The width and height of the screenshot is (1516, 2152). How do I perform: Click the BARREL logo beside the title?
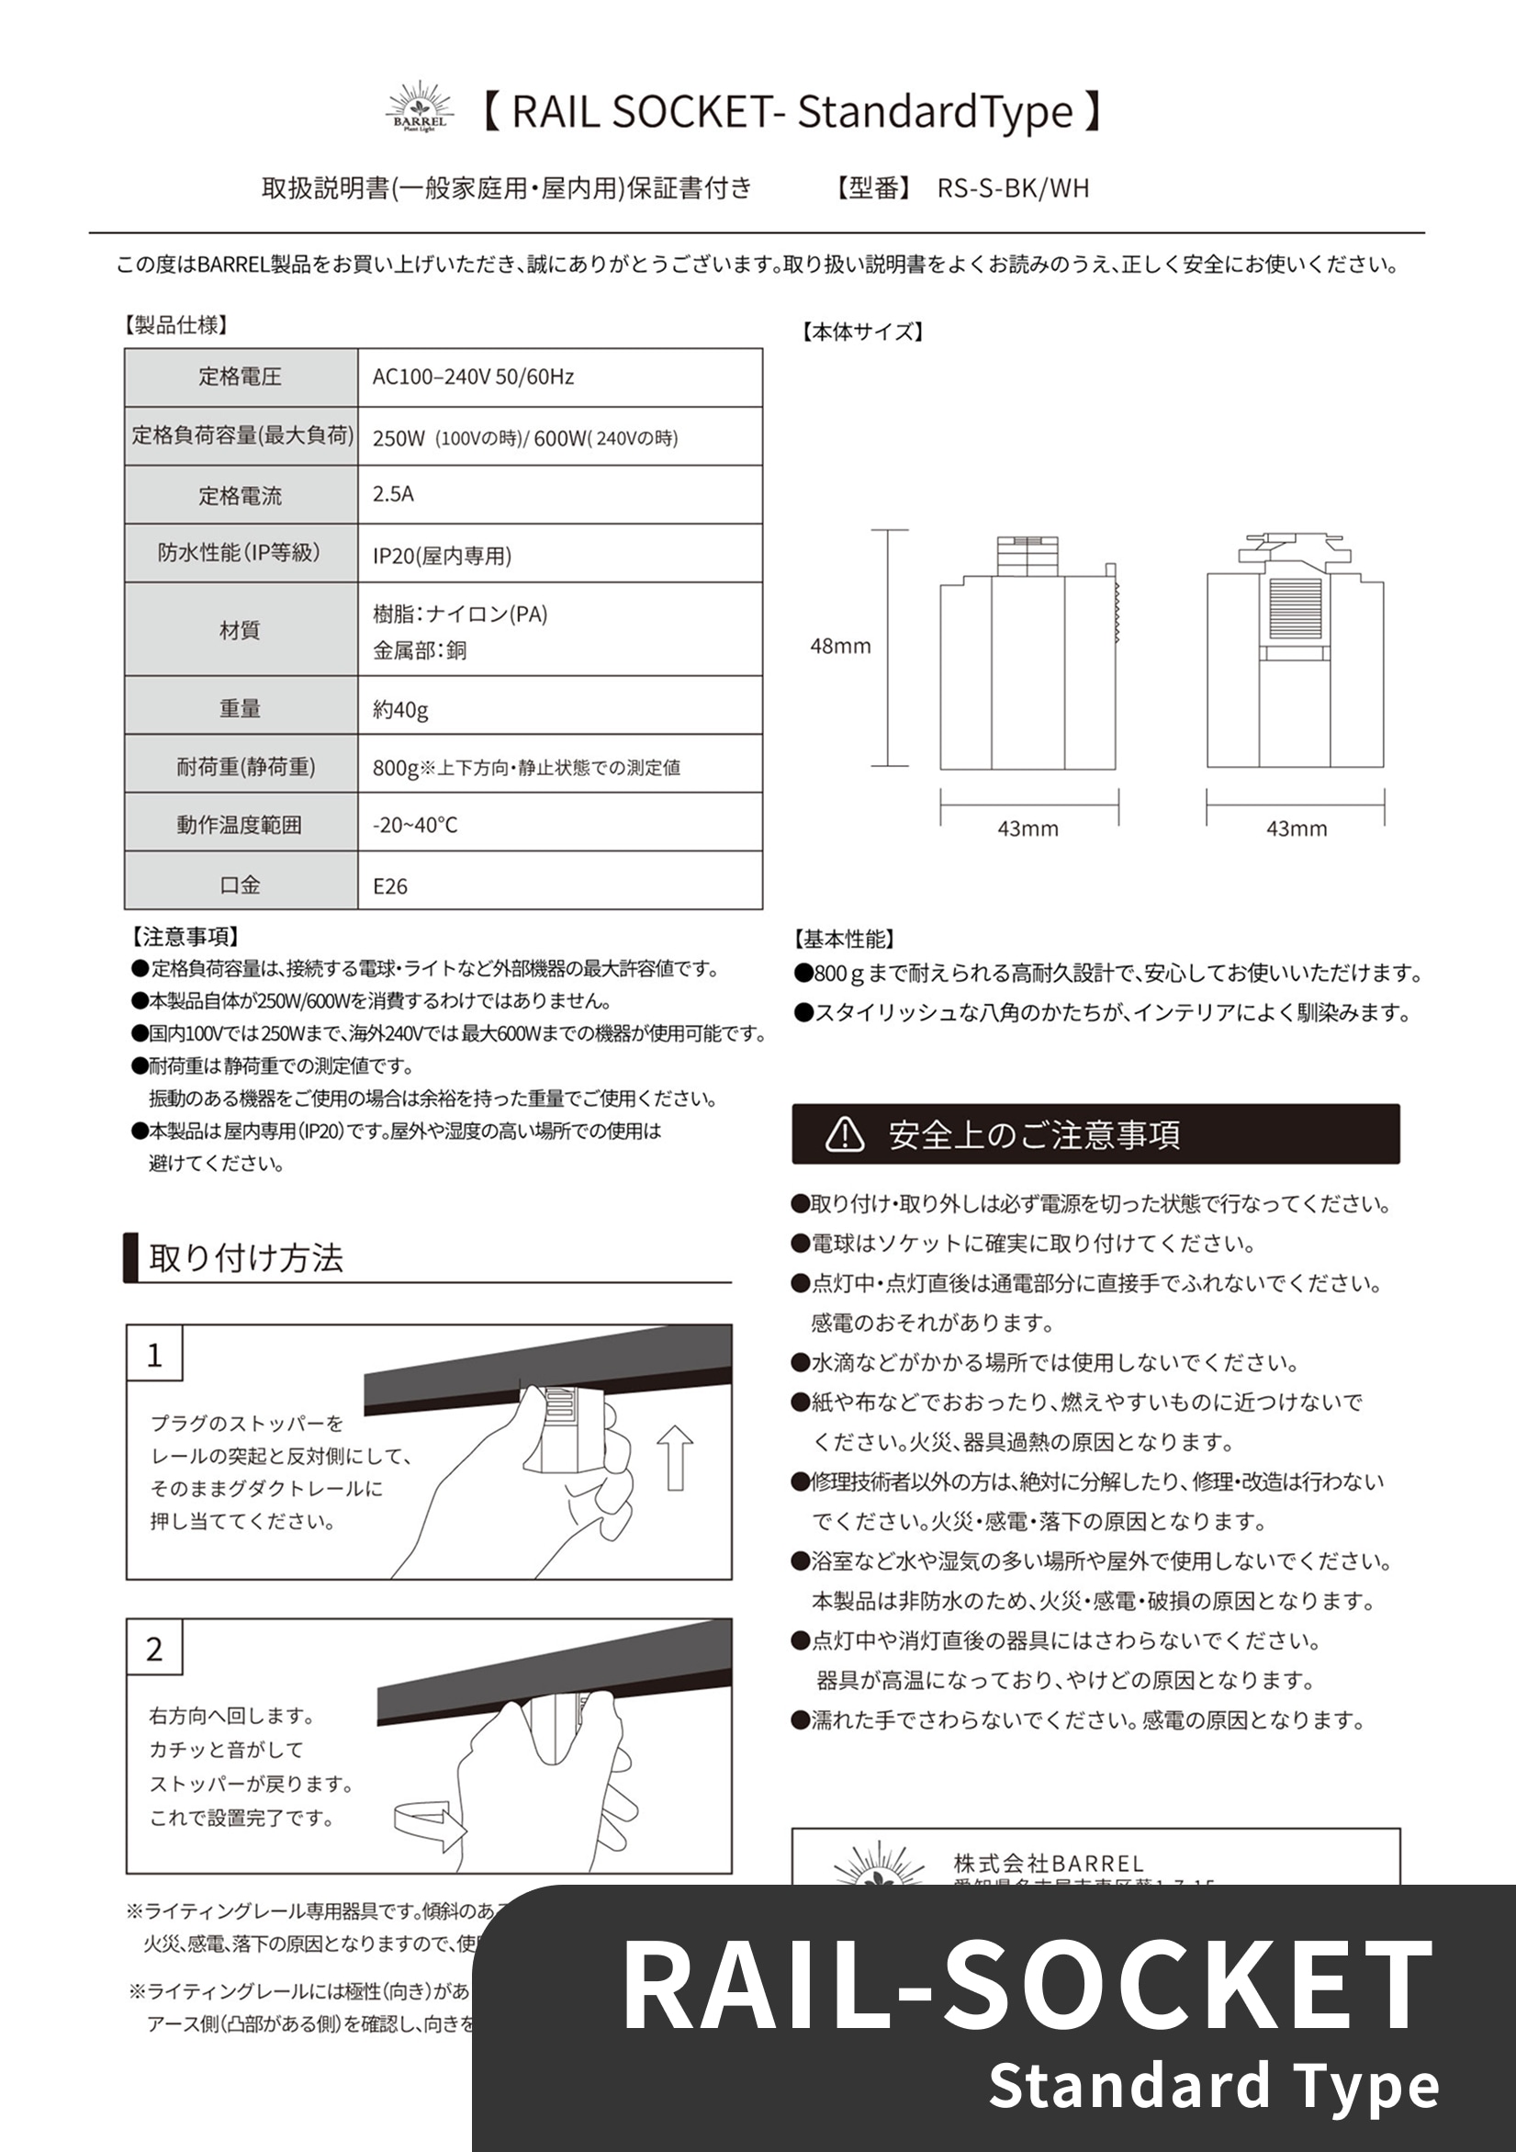pyautogui.click(x=420, y=107)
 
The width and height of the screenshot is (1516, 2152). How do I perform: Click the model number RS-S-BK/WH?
pyautogui.click(x=1012, y=188)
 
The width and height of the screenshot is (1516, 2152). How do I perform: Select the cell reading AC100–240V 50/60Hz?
pyautogui.click(x=472, y=377)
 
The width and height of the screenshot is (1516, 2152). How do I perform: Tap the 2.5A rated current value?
pyautogui.click(x=393, y=494)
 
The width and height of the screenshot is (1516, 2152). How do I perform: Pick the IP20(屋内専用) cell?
pyautogui.click(x=442, y=556)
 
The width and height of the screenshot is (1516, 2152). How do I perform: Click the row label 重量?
pyautogui.click(x=240, y=708)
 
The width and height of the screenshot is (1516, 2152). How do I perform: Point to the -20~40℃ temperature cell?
pyautogui.click(x=415, y=825)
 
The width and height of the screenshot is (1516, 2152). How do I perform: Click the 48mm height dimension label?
pyautogui.click(x=839, y=646)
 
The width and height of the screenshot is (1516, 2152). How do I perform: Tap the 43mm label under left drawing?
pyautogui.click(x=1027, y=828)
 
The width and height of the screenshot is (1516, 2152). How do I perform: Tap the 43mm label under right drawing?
pyautogui.click(x=1296, y=828)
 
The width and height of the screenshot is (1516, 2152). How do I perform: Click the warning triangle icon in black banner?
pyautogui.click(x=844, y=1134)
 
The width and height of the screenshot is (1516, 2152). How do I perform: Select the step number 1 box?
pyautogui.click(x=154, y=1355)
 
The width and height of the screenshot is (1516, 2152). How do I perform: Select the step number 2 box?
pyautogui.click(x=154, y=1649)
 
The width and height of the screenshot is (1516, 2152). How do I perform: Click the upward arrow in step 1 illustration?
pyautogui.click(x=675, y=1459)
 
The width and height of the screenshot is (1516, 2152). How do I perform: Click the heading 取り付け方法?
pyautogui.click(x=245, y=1257)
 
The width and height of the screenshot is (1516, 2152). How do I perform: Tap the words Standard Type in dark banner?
pyautogui.click(x=1212, y=2087)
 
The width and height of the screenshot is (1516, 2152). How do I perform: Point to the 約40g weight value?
pyautogui.click(x=400, y=709)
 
